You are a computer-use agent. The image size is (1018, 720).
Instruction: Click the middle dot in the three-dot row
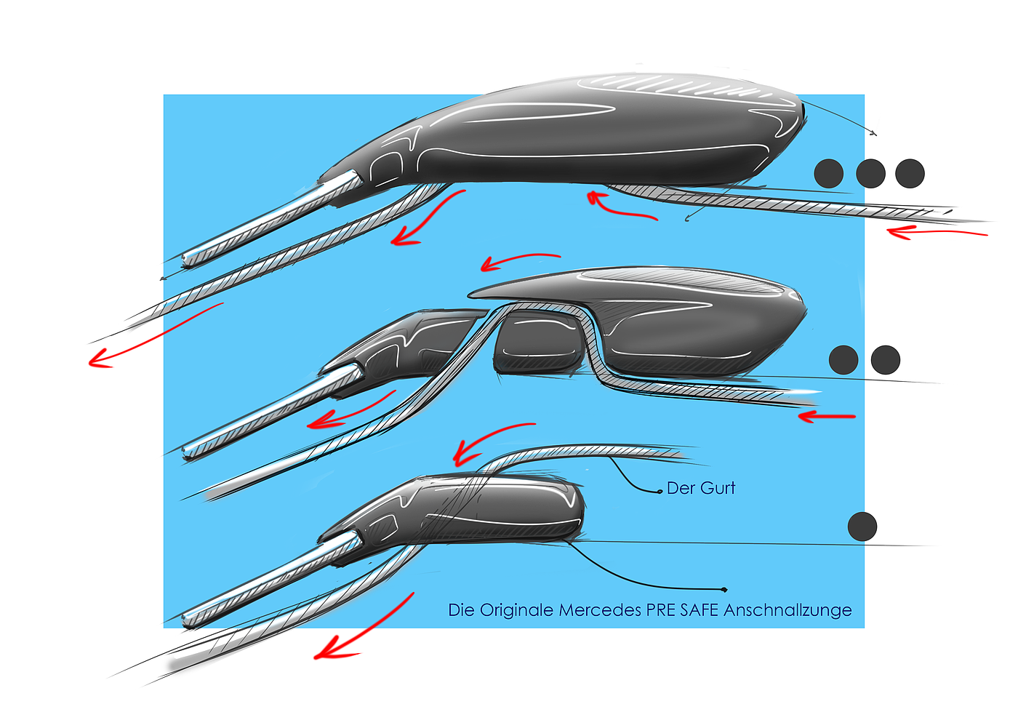click(x=870, y=174)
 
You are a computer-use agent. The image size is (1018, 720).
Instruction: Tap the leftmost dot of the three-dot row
click(x=828, y=174)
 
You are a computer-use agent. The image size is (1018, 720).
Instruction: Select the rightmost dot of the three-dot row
click(x=910, y=174)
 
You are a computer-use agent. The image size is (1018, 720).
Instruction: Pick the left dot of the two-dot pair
click(x=843, y=360)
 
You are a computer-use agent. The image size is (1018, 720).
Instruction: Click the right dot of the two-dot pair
click(x=886, y=360)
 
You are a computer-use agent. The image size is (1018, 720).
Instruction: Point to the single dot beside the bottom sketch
click(x=862, y=527)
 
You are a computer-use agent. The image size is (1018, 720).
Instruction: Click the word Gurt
click(x=718, y=488)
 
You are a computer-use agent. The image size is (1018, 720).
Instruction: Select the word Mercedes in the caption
click(x=601, y=610)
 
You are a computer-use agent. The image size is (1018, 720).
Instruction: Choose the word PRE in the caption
click(x=661, y=610)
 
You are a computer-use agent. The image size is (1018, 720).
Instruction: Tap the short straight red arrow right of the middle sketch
click(x=827, y=417)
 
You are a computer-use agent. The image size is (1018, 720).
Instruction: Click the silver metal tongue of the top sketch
click(x=269, y=218)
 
